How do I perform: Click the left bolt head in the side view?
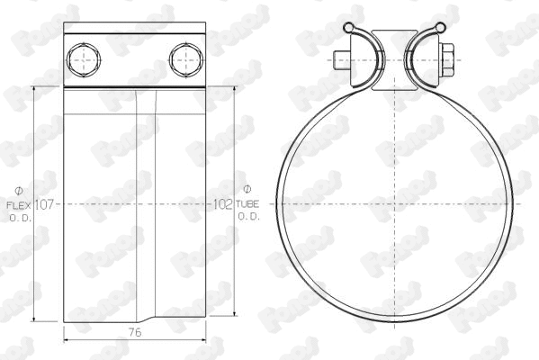84,60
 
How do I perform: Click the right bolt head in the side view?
184,60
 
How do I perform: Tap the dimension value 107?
46,204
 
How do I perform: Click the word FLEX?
21,205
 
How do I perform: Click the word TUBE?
248,205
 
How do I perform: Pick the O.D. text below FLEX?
21,217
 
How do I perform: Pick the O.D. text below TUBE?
248,217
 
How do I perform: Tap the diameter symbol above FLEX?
20,190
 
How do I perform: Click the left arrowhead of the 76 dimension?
68,339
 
